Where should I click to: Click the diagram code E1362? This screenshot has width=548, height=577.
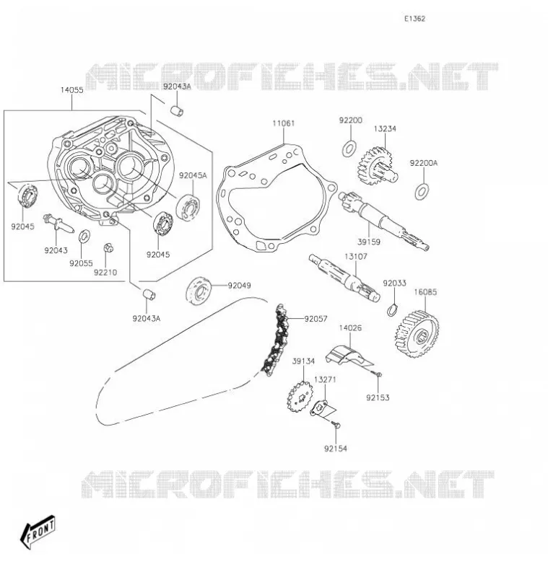(414, 19)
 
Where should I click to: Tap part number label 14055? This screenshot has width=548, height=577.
(71, 89)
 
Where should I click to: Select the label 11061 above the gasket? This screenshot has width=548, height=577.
(284, 123)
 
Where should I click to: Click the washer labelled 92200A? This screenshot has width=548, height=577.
(422, 192)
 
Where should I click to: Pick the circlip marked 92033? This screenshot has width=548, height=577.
(393, 309)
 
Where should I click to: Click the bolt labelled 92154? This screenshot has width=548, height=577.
(336, 425)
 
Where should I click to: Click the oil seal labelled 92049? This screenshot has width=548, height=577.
(199, 291)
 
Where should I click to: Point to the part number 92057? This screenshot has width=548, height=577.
(316, 319)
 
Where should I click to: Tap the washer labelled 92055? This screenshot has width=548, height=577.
(85, 237)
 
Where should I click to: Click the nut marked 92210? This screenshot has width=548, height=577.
(108, 248)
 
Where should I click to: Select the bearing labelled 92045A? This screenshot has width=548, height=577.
(188, 208)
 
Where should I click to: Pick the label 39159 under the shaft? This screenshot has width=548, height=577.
(369, 242)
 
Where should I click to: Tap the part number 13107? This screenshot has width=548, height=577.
(356, 256)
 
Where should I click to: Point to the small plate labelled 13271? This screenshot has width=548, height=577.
(320, 408)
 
